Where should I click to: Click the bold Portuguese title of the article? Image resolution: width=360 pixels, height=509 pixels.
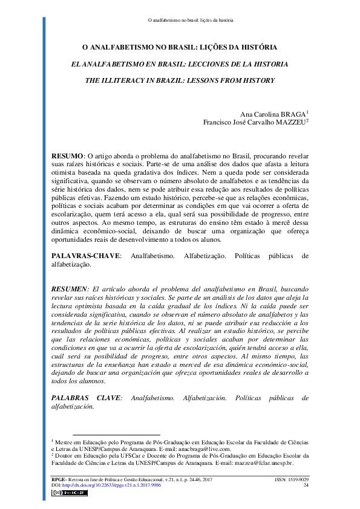coord(180,47)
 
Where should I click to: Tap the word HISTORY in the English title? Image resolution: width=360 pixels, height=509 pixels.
coord(258,79)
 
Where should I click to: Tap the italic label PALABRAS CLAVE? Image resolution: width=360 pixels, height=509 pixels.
coord(87,398)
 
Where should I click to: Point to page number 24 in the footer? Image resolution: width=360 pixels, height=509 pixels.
coord(306,485)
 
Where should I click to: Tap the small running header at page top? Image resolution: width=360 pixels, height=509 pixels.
coord(191,20)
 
